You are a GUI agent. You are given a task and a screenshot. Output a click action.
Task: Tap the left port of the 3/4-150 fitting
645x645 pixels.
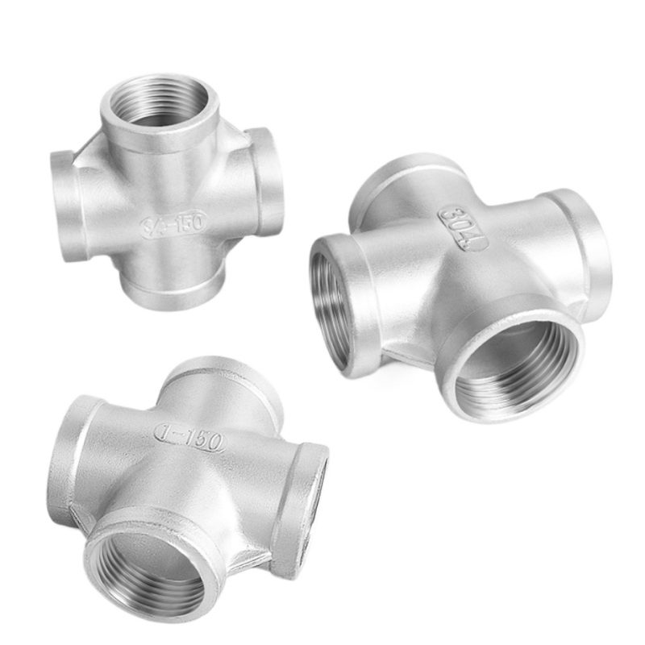[65, 205]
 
